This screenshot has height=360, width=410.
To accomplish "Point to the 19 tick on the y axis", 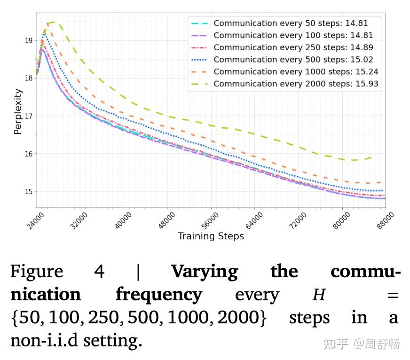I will pyautogui.click(x=29, y=40).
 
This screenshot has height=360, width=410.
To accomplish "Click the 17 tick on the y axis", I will pyautogui.click(x=29, y=116).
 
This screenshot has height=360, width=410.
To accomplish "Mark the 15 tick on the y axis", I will pyautogui.click(x=29, y=192).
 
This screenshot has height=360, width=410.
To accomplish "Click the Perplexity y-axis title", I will pyautogui.click(x=18, y=112).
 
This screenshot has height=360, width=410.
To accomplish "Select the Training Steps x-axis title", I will pyautogui.click(x=211, y=236).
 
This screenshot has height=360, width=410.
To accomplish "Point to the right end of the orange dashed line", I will pyautogui.click(x=380, y=182).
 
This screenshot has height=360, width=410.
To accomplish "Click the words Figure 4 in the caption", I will pyautogui.click(x=57, y=272).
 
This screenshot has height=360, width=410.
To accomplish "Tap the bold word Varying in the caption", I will pyautogui.click(x=204, y=272).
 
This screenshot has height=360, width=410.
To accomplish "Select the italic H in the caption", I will pyautogui.click(x=319, y=295).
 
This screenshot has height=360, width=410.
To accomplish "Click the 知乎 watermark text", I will pyautogui.click(x=335, y=344).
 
